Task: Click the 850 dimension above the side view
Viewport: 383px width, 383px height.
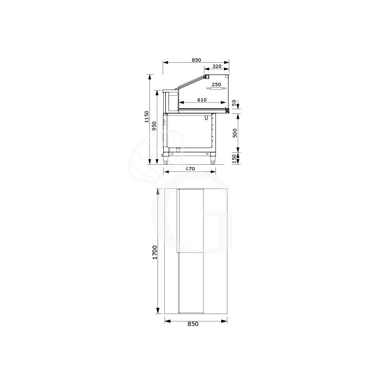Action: (x=196, y=60)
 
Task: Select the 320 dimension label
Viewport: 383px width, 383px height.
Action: (x=217, y=67)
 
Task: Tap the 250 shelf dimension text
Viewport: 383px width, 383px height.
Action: (x=216, y=85)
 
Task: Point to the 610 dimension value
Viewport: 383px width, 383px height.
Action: (x=202, y=100)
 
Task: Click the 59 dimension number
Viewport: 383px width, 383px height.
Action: (x=234, y=103)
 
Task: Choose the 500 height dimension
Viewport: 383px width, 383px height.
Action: (x=235, y=133)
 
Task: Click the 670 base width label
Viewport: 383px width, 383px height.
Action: (x=189, y=169)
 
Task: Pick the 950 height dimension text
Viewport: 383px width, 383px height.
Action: (x=154, y=126)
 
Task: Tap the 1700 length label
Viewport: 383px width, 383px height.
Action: (x=155, y=252)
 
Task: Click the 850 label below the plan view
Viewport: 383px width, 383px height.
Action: (x=192, y=324)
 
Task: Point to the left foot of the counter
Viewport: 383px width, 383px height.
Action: (x=167, y=161)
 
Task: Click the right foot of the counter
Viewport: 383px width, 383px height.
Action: (x=213, y=161)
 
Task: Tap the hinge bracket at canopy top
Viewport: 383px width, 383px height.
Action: (x=207, y=76)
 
